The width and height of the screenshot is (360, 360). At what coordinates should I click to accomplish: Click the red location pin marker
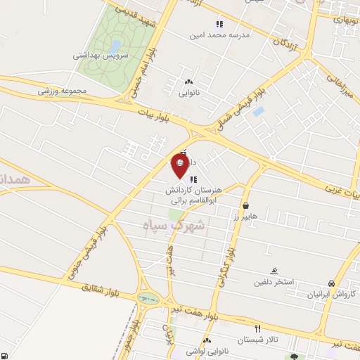180,165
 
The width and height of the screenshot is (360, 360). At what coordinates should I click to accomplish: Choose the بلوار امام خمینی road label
143,70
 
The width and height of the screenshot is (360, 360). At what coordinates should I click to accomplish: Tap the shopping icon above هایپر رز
245,205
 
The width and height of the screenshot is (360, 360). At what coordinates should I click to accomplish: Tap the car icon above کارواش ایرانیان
331,283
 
